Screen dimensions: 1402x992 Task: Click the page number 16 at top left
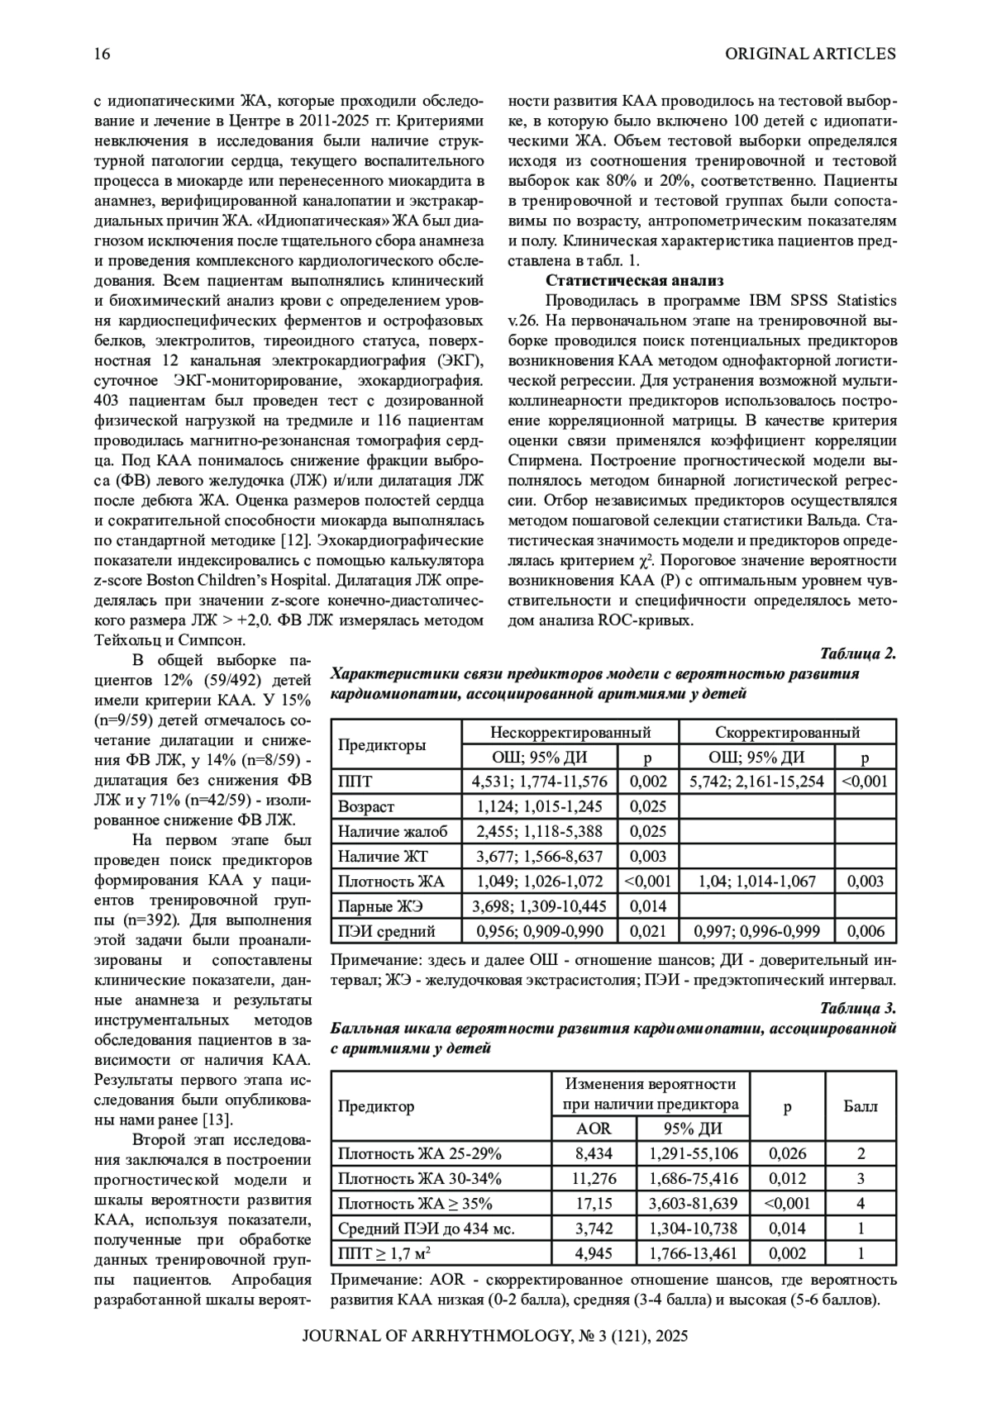[x=103, y=55]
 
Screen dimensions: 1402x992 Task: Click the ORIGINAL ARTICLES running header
[x=810, y=55]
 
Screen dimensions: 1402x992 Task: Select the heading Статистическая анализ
[x=634, y=280]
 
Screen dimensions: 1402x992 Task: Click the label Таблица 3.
[x=857, y=1009]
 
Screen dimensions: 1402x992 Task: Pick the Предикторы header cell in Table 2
[x=382, y=744]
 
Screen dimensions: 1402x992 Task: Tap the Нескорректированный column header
[x=570, y=732]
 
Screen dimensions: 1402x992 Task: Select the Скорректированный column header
[x=787, y=732]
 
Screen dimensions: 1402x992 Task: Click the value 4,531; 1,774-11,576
[x=540, y=782]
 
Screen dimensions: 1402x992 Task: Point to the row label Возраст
[x=366, y=806]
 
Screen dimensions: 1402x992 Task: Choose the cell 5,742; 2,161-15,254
[x=756, y=782]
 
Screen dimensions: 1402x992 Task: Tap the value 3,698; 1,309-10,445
[x=540, y=906]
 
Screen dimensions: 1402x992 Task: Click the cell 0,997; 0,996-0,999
[x=756, y=931]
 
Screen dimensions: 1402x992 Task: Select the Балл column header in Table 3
[x=861, y=1105]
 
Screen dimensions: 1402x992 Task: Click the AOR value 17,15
[x=594, y=1203]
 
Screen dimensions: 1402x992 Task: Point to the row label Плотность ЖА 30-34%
[x=420, y=1178]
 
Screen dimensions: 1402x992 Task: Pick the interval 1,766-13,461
[x=693, y=1252]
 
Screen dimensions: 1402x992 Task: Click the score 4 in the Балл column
[x=861, y=1203]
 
